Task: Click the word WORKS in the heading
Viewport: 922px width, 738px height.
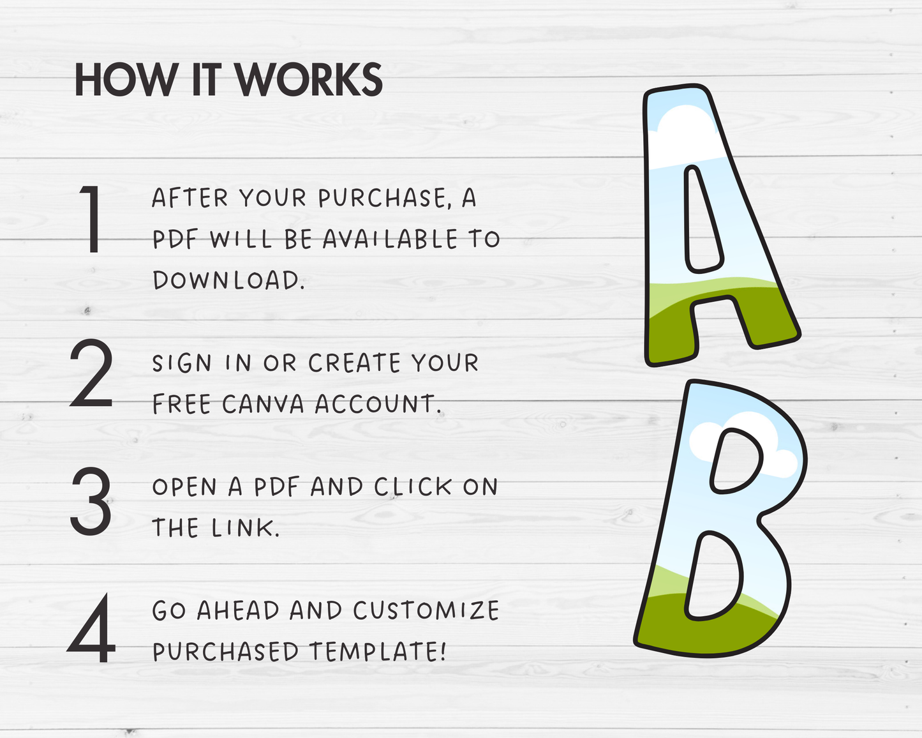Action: pyautogui.click(x=309, y=80)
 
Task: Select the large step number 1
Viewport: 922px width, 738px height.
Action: pyautogui.click(x=91, y=219)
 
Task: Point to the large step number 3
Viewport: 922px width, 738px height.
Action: pyautogui.click(x=91, y=501)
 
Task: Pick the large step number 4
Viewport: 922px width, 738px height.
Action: pyautogui.click(x=91, y=628)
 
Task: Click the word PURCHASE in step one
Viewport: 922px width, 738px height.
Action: pyautogui.click(x=384, y=199)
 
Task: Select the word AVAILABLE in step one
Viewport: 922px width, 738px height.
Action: pyautogui.click(x=390, y=239)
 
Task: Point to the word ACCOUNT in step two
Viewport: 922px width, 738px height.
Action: pyautogui.click(x=378, y=403)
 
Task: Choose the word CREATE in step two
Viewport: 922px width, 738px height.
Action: pyautogui.click(x=354, y=363)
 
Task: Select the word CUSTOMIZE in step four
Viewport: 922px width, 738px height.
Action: pyautogui.click(x=426, y=610)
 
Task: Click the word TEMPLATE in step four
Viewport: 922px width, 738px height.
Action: pyautogui.click(x=378, y=651)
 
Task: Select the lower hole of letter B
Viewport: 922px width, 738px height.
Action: pyautogui.click(x=713, y=575)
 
